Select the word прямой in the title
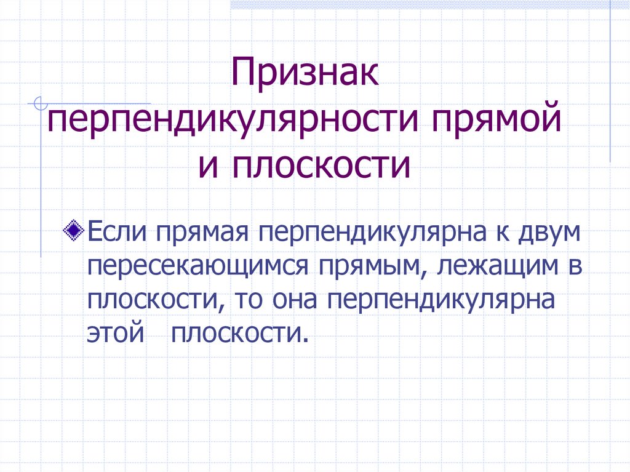click(500, 121)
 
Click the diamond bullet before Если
click(74, 231)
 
